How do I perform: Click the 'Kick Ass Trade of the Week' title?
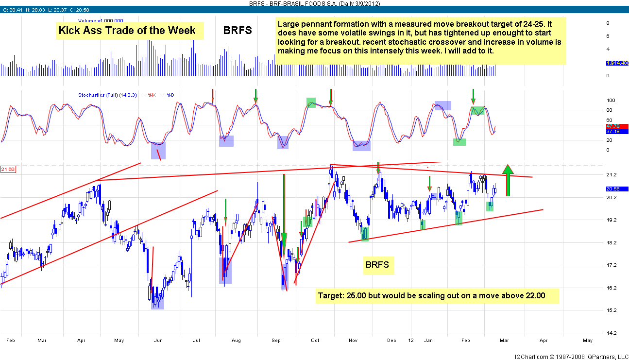(127, 31)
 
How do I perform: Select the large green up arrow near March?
(508, 180)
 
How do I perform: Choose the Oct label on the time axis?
(316, 341)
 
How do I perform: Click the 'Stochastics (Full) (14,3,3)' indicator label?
(107, 95)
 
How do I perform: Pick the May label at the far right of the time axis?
(588, 341)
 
